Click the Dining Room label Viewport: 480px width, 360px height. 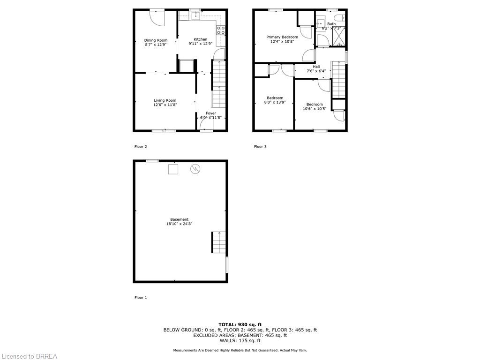[x=156, y=40]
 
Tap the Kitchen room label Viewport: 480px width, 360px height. [x=201, y=39]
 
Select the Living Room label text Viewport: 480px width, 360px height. [x=165, y=100]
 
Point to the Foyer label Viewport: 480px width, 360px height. [x=211, y=113]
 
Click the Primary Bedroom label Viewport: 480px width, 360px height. [x=282, y=37]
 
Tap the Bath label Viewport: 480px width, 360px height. [x=331, y=24]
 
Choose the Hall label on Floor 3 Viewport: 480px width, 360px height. [x=316, y=67]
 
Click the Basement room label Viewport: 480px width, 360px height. [x=180, y=219]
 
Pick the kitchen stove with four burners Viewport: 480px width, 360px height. [x=221, y=30]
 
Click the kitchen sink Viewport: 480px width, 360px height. [x=195, y=16]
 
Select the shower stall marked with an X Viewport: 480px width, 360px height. [x=338, y=36]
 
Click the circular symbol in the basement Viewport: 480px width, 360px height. [x=195, y=169]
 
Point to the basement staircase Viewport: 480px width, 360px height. [x=218, y=242]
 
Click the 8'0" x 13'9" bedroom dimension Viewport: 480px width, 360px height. [x=275, y=102]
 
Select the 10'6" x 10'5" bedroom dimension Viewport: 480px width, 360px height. [x=315, y=109]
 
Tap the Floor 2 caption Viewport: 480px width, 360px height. [x=141, y=147]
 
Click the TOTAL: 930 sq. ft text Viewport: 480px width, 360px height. [x=240, y=324]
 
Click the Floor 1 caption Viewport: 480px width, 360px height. [x=141, y=298]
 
